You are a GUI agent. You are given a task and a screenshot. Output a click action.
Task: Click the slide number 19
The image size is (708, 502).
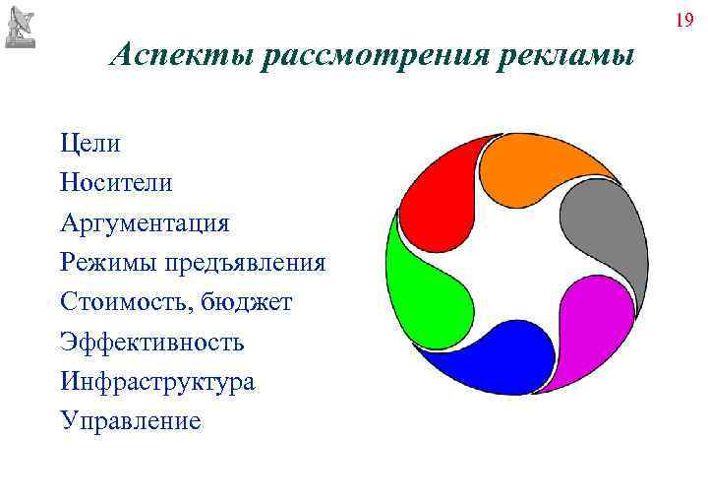[x=684, y=21]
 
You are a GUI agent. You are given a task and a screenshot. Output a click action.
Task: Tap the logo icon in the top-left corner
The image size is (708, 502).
[x=21, y=28]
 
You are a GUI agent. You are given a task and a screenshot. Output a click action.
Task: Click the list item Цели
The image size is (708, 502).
[x=89, y=144]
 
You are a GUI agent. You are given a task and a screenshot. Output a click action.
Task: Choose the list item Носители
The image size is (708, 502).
[x=115, y=183]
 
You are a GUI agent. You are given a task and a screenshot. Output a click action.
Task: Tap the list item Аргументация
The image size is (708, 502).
[x=145, y=223]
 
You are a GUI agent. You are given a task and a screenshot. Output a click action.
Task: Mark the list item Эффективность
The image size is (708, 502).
[x=151, y=343]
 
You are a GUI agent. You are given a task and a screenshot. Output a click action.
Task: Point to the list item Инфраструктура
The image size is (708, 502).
[x=157, y=382]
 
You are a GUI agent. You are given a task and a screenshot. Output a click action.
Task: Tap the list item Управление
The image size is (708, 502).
[x=130, y=421]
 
